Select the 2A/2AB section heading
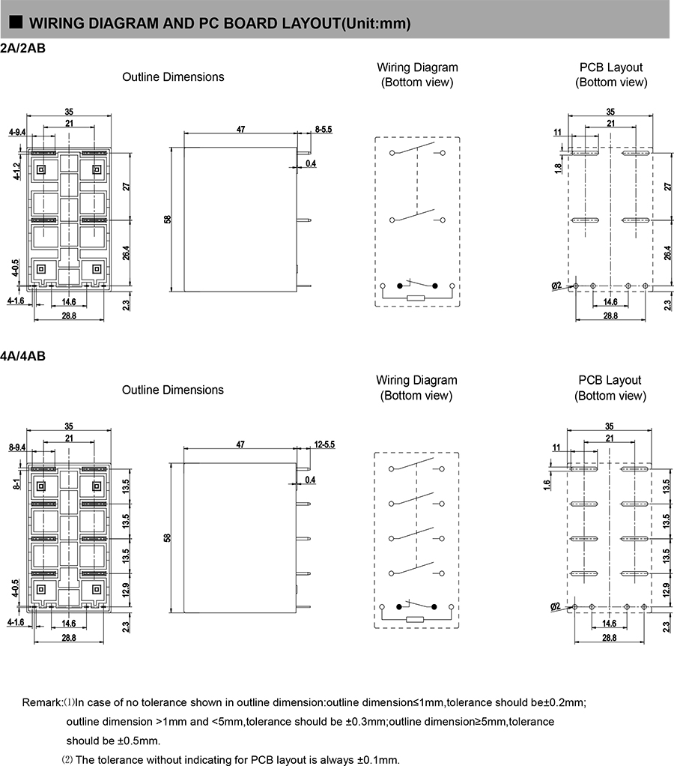point(22,49)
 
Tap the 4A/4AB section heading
point(22,356)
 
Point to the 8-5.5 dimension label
point(323,130)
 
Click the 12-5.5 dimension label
point(324,444)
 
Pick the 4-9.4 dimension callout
point(16,133)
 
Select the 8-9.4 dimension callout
point(16,447)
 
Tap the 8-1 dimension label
point(16,483)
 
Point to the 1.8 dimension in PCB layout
point(558,169)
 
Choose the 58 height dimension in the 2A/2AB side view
point(168,220)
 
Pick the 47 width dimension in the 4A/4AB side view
point(240,444)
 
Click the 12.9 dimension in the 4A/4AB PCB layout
point(666,590)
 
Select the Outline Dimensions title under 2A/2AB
point(173,76)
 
